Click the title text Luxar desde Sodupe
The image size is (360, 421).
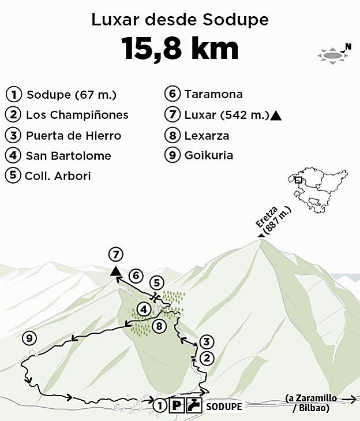[180, 20]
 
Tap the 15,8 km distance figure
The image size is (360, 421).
[180, 49]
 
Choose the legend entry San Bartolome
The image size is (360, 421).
[68, 156]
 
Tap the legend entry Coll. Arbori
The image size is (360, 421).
[58, 176]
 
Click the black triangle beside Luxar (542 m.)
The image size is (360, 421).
[276, 116]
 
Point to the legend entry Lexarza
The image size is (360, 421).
[207, 136]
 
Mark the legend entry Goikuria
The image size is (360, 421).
[208, 156]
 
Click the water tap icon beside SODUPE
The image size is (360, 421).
[195, 405]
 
